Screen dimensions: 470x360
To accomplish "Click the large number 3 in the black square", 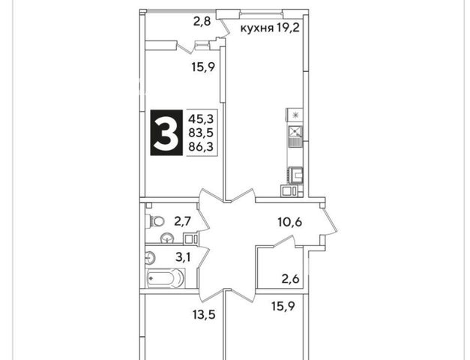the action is point(166,133).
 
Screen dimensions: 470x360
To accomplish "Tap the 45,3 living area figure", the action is point(201,119).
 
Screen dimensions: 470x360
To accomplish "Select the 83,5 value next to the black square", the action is point(201,133).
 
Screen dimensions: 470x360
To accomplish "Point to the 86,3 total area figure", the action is point(201,147).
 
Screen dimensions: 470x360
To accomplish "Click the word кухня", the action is point(257,28).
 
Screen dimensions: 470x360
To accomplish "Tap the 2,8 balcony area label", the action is point(202,22).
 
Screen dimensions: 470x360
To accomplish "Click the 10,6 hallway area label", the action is point(289,222).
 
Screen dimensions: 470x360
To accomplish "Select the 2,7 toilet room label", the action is point(183,221).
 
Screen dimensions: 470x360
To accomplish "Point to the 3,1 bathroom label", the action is point(183,257).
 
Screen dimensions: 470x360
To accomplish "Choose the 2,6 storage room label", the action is point(290,279).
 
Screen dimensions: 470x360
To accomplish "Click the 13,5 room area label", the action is point(204,315).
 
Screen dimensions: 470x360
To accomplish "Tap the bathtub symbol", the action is point(165,277).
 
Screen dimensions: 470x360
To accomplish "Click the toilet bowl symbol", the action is point(155,221).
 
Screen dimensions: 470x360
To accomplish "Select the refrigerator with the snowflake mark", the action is point(295,115).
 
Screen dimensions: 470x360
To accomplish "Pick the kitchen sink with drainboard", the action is point(295,136).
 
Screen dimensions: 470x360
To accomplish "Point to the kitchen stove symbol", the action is point(295,175).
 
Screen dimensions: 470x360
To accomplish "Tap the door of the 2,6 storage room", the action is point(283,241).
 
